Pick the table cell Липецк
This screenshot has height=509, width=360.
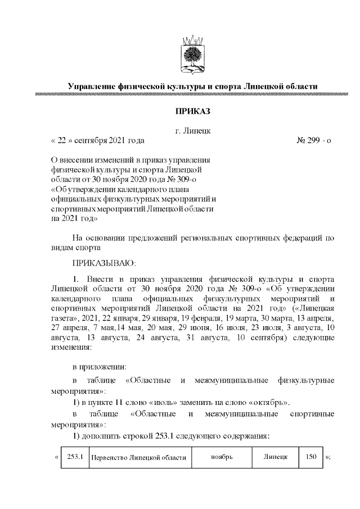(x=276, y=457)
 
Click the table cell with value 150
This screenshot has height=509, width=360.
(x=311, y=456)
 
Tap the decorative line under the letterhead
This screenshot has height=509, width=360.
(x=192, y=95)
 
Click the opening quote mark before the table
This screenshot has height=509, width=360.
(x=56, y=457)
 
